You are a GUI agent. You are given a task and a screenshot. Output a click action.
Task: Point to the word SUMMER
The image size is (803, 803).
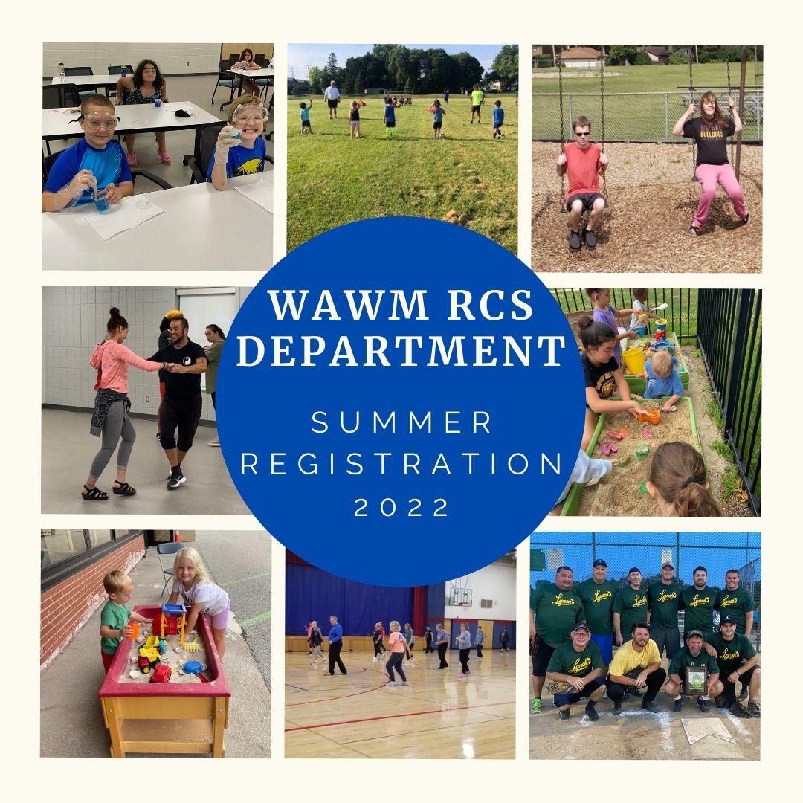click(401, 423)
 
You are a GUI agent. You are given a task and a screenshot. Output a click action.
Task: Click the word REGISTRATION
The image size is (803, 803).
click(401, 465)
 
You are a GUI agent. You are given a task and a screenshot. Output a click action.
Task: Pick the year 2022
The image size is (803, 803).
click(401, 507)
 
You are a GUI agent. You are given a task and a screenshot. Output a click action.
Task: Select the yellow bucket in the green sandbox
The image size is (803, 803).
click(633, 360)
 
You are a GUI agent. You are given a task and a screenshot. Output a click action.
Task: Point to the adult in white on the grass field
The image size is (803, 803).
click(332, 97)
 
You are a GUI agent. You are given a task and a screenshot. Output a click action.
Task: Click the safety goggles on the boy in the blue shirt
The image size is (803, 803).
click(100, 121)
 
